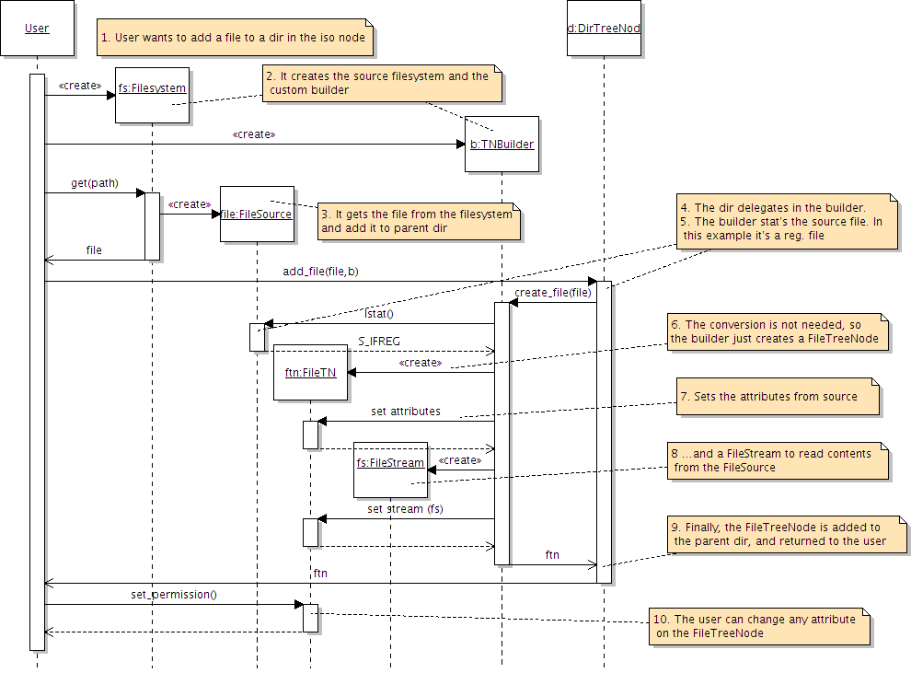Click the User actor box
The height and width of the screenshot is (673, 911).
tap(37, 29)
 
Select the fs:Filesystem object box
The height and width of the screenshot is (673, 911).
tap(153, 95)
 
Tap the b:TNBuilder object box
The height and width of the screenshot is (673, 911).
tap(502, 145)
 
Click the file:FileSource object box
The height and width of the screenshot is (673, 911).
tap(257, 214)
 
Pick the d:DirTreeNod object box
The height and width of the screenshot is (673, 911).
tap(604, 29)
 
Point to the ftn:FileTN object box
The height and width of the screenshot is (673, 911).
tap(310, 373)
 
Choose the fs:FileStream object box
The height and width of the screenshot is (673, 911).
tap(390, 470)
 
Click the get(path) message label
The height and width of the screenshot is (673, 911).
tap(95, 183)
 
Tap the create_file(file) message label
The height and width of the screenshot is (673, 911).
tap(553, 293)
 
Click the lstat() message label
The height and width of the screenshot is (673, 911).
tap(379, 314)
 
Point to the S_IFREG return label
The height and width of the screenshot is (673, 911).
tap(379, 341)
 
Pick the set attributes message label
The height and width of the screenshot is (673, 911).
tap(406, 411)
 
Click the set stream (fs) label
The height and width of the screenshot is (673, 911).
tap(405, 508)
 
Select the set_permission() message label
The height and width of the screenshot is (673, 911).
tap(174, 594)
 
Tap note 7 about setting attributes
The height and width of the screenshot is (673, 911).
tap(778, 396)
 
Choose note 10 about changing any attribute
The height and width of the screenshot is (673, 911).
tap(760, 625)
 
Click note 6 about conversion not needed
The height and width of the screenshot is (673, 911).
tap(777, 331)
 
